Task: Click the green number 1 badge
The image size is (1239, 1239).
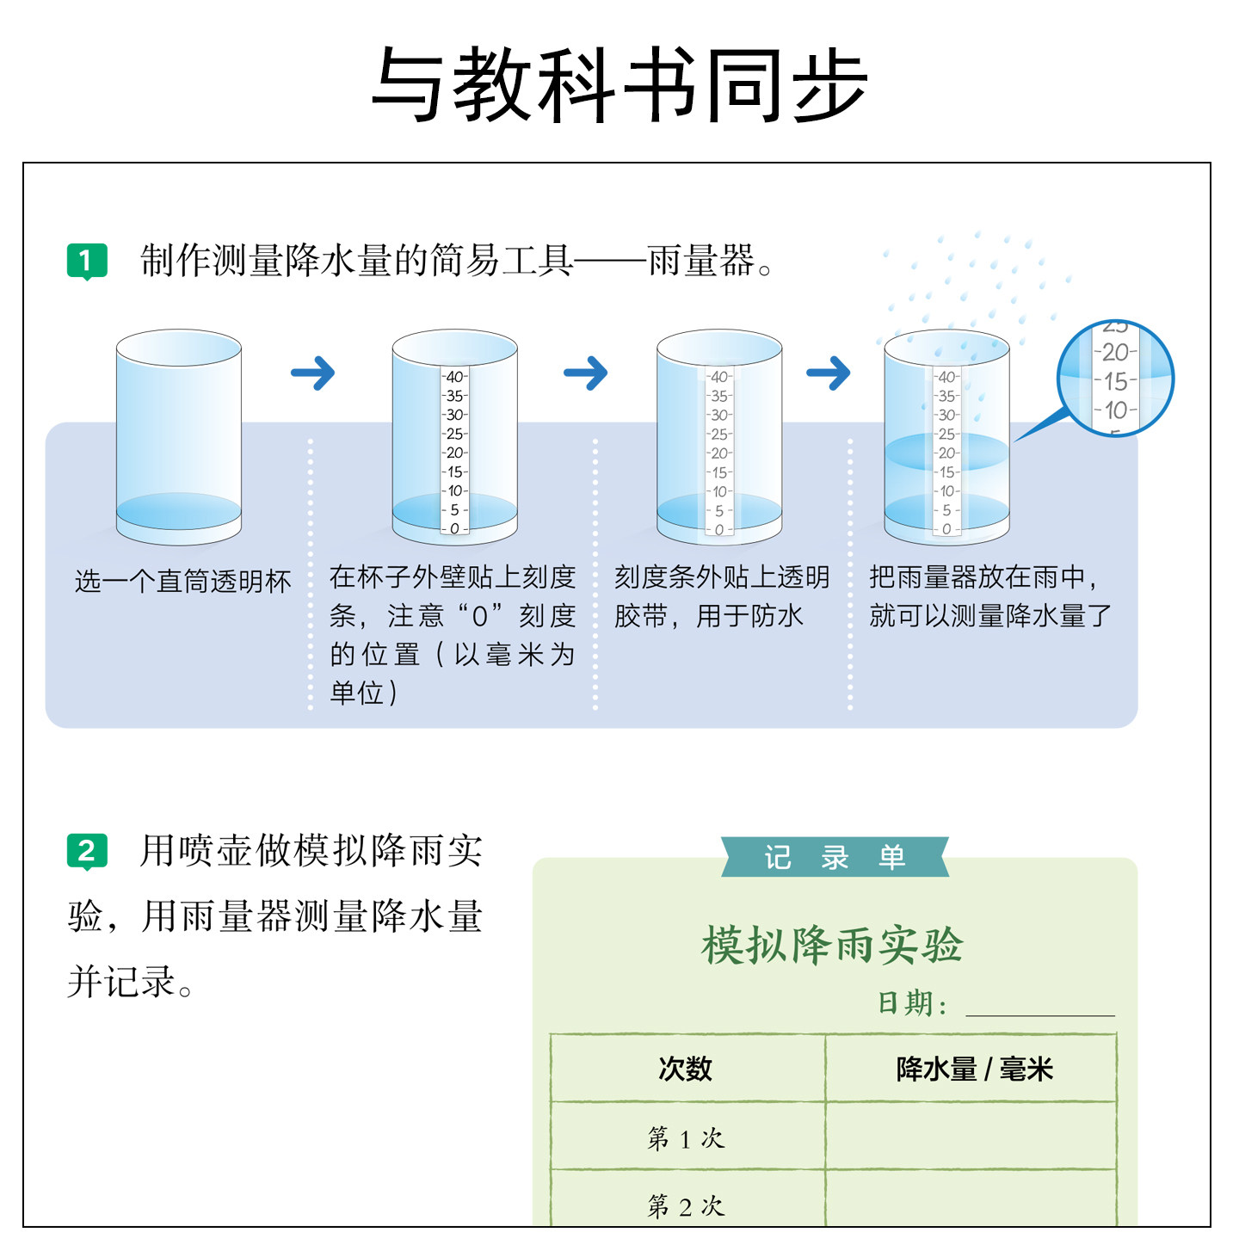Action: coord(87,261)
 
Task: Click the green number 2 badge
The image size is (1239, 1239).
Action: coord(87,851)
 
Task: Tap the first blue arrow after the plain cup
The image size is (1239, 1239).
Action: coord(312,373)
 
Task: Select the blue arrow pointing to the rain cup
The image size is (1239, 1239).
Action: coord(828,373)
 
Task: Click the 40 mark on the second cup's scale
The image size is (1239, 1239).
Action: coord(454,377)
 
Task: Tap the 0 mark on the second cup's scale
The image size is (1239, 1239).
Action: coord(454,528)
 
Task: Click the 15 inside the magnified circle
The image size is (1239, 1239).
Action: coord(1116,381)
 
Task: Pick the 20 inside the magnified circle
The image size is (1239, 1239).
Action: coord(1116,352)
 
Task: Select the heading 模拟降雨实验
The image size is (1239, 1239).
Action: coord(832,945)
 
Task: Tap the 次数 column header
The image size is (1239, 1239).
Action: coord(686,1069)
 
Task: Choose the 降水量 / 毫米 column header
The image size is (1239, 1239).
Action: coord(974,1069)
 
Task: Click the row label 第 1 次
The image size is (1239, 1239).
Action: coord(686,1138)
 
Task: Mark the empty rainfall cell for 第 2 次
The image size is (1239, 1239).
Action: coord(971,1200)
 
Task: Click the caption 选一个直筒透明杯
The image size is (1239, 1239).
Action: coord(182,582)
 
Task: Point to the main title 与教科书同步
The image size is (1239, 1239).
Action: coord(619,85)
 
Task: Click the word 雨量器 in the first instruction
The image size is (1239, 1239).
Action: coord(700,261)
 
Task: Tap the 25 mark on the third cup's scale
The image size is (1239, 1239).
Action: coord(719,434)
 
